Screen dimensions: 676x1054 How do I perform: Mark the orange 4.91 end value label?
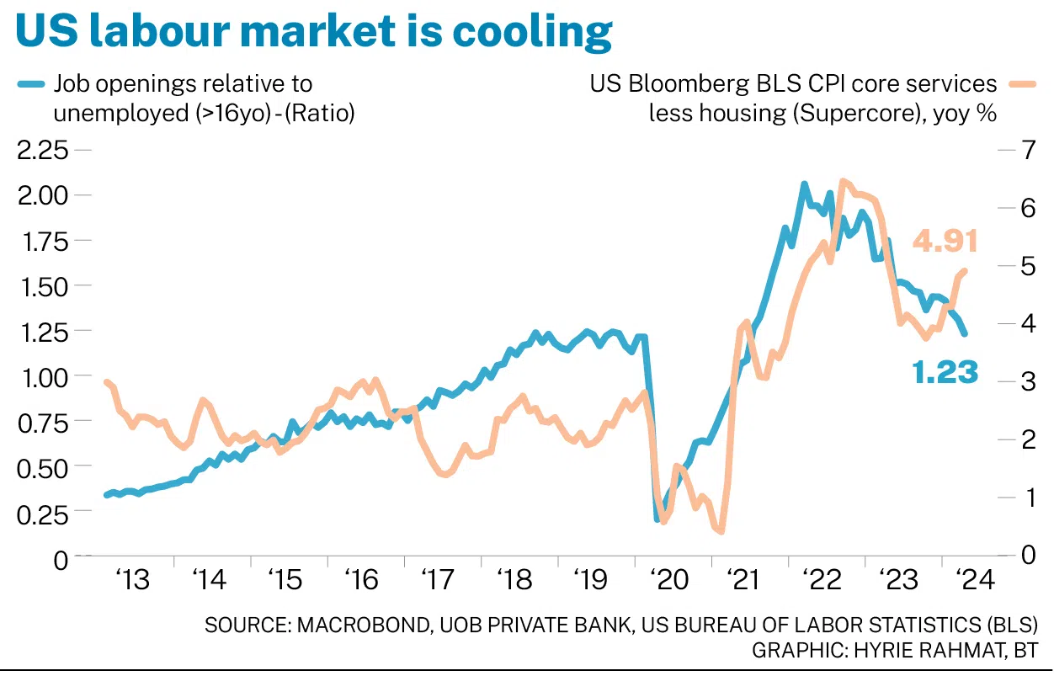click(945, 242)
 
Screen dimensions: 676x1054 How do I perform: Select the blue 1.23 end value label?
click(945, 371)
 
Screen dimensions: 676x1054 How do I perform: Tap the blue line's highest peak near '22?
click(804, 184)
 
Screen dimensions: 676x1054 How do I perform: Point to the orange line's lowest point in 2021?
click(721, 531)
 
